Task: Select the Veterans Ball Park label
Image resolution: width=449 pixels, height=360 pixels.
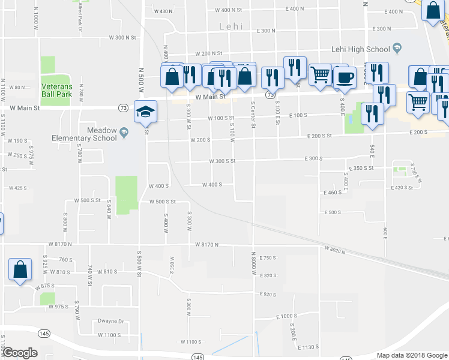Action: coord(56,91)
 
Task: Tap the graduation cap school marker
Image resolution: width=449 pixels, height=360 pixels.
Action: coord(145,112)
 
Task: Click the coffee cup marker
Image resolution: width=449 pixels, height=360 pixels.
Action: coord(344,77)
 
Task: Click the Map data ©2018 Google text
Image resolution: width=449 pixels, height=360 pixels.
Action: coord(411,355)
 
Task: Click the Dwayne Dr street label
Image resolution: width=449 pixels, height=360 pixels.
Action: coord(110,321)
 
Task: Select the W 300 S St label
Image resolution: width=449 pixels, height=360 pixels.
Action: coord(222,161)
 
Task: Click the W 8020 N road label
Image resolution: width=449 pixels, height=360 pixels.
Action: coord(337,248)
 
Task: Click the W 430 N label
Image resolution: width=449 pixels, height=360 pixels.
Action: coord(163,11)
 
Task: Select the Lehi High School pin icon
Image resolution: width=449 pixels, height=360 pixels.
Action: coord(397,49)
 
